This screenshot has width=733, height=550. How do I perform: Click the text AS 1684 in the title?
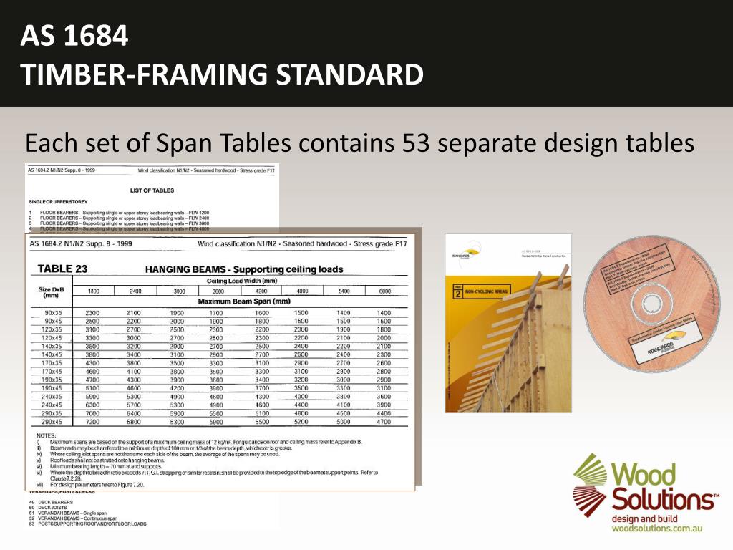(x=74, y=36)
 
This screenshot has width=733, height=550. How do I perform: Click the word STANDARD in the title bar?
(x=349, y=74)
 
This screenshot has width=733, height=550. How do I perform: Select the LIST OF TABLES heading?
(x=152, y=190)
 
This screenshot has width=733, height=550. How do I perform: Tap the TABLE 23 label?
(x=62, y=269)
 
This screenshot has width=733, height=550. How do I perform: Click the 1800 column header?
(x=93, y=291)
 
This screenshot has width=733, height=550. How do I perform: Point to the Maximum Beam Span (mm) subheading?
(x=243, y=301)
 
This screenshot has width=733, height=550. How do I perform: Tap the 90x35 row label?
(x=53, y=313)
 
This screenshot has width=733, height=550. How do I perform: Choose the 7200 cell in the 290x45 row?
(x=93, y=423)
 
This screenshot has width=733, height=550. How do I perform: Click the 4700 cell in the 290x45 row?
(x=384, y=423)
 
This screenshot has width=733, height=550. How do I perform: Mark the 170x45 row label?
(x=53, y=372)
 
